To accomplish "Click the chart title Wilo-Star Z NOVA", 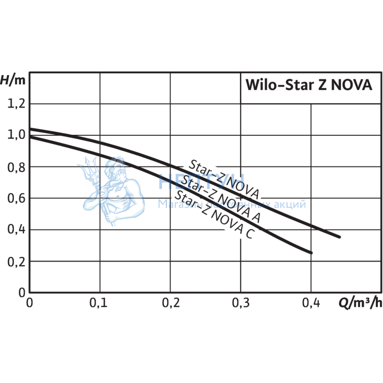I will pyautogui.click(x=309, y=84).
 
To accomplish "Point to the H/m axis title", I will pyautogui.click(x=12, y=80).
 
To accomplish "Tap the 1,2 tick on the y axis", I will pyautogui.click(x=16, y=104).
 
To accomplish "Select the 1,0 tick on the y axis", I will pyautogui.click(x=16, y=135).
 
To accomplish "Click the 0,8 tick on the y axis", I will pyautogui.click(x=16, y=167).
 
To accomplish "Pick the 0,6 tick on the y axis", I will pyautogui.click(x=16, y=198).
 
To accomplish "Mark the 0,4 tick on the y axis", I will pyautogui.click(x=16, y=230).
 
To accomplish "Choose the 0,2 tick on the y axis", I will pyautogui.click(x=16, y=261).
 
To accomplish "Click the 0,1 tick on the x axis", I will pyautogui.click(x=99, y=303).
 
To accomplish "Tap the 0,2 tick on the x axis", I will pyautogui.click(x=170, y=303).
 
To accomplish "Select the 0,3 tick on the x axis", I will pyautogui.click(x=241, y=303).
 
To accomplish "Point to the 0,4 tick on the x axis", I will pyautogui.click(x=311, y=303).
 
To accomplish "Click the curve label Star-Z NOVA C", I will pyautogui.click(x=214, y=214).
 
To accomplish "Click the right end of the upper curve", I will pyautogui.click(x=339, y=236).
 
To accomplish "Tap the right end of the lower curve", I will pyautogui.click(x=310, y=252).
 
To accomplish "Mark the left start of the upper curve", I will pyautogui.click(x=30, y=129).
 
